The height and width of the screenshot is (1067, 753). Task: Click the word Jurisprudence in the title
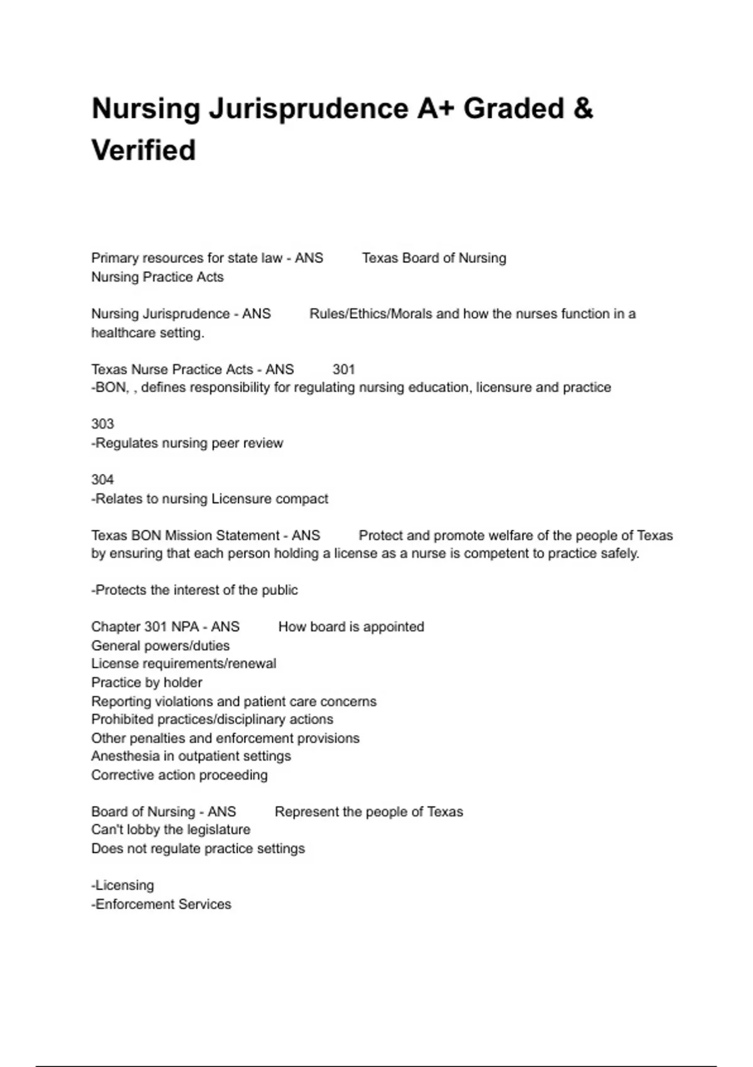point(308,109)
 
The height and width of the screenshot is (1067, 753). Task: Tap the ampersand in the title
point(582,109)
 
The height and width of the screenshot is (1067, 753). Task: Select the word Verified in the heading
point(144,151)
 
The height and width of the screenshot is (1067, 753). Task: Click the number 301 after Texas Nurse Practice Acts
point(344,369)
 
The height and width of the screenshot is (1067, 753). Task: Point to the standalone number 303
point(102,424)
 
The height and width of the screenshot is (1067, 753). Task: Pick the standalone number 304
point(102,480)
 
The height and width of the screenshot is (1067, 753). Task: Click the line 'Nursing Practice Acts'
point(157,277)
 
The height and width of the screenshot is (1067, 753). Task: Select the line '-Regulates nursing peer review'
point(187,443)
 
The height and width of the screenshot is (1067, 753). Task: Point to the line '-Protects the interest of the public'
point(195,590)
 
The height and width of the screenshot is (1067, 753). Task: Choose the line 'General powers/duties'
point(160,646)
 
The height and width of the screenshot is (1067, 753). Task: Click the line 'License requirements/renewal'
point(183,664)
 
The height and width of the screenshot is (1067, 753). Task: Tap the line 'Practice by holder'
point(146,682)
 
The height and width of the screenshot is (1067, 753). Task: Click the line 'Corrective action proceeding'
point(179,775)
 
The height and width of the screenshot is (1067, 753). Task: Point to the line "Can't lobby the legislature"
point(170,830)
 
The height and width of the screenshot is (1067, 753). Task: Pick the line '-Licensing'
point(122,886)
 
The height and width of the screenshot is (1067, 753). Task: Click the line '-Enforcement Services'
point(161,904)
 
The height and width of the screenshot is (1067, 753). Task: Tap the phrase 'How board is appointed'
point(351,627)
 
